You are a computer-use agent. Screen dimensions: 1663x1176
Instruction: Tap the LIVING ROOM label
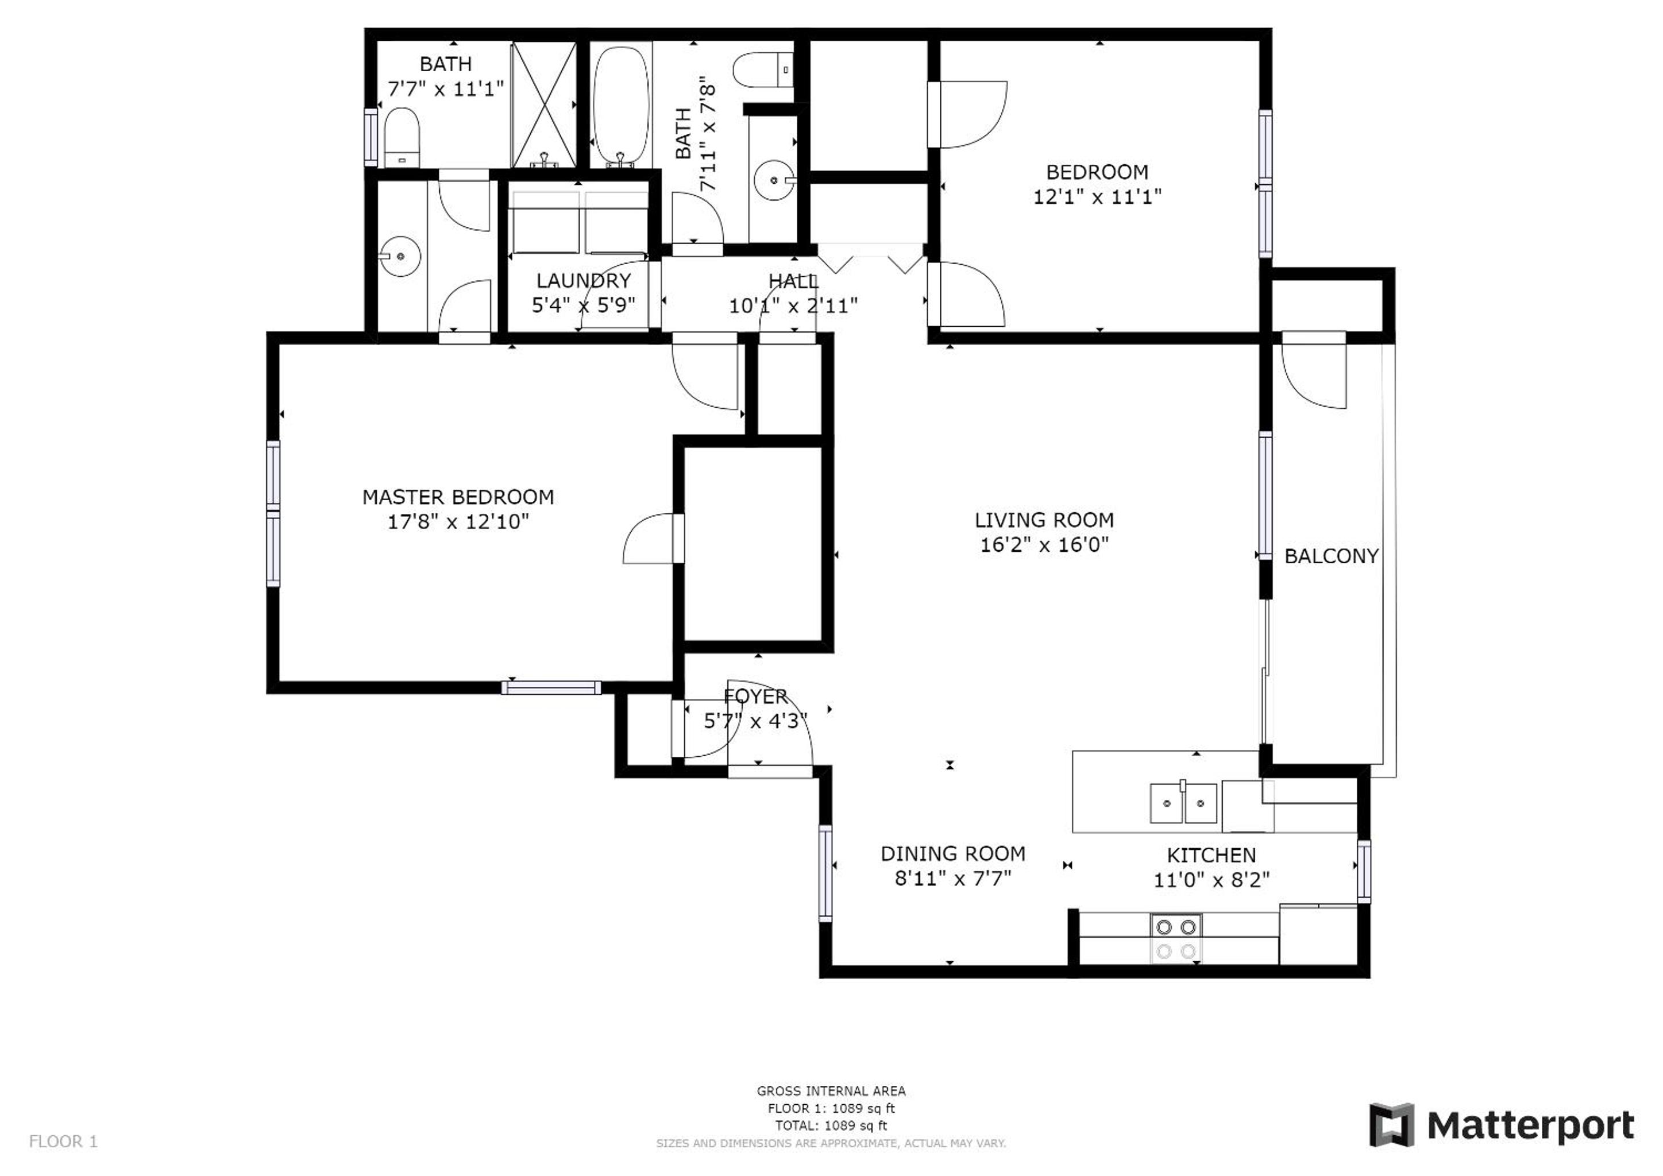click(x=1044, y=520)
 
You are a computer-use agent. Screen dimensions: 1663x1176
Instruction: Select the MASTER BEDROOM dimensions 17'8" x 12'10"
click(x=458, y=522)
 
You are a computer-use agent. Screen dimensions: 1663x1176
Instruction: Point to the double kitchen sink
click(x=1183, y=803)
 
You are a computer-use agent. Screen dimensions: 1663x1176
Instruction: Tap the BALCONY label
click(x=1332, y=556)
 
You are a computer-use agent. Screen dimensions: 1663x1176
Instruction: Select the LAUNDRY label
click(x=583, y=281)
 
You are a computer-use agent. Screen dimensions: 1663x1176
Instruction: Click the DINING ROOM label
click(x=952, y=854)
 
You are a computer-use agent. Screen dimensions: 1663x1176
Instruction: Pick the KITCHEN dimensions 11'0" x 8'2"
click(x=1211, y=880)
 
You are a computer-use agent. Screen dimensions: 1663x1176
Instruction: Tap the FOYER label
click(x=755, y=697)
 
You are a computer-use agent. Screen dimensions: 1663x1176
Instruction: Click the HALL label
click(x=793, y=281)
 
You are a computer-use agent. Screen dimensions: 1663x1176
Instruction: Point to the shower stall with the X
click(x=544, y=105)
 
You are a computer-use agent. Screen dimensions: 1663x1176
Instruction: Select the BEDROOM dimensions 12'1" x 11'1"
click(x=1097, y=197)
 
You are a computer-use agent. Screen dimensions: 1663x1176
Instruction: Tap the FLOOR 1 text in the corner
click(x=63, y=1142)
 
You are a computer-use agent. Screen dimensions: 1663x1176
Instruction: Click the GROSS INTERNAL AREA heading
click(x=831, y=1091)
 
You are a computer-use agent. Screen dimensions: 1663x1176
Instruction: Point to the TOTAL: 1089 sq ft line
click(x=831, y=1126)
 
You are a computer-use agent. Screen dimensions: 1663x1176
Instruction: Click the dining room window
click(x=825, y=873)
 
